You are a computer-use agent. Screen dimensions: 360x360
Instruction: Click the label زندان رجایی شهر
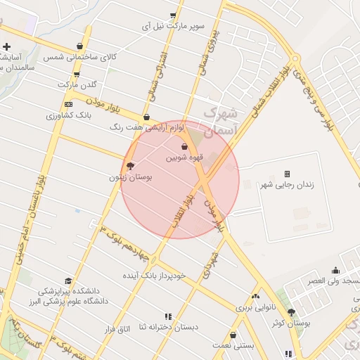click(x=287, y=186)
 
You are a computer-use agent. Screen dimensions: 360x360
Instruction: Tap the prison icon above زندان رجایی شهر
click(x=287, y=174)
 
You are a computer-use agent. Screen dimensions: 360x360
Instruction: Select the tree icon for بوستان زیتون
click(x=130, y=166)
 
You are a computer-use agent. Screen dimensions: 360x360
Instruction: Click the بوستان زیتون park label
click(x=130, y=178)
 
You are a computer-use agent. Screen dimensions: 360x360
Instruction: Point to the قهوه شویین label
click(x=184, y=158)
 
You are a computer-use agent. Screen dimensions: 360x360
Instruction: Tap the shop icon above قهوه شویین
click(x=184, y=147)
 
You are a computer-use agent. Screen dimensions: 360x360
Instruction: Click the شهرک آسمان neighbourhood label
click(x=221, y=121)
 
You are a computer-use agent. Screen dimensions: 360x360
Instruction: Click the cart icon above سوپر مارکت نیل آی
click(x=173, y=15)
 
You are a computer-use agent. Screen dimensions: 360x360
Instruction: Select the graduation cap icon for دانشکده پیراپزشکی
click(x=67, y=281)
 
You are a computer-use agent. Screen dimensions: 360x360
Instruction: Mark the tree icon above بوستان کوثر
click(x=291, y=312)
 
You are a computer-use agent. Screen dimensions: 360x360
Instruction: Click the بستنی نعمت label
click(x=231, y=347)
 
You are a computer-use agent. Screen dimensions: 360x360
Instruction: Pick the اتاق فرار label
click(x=117, y=329)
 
